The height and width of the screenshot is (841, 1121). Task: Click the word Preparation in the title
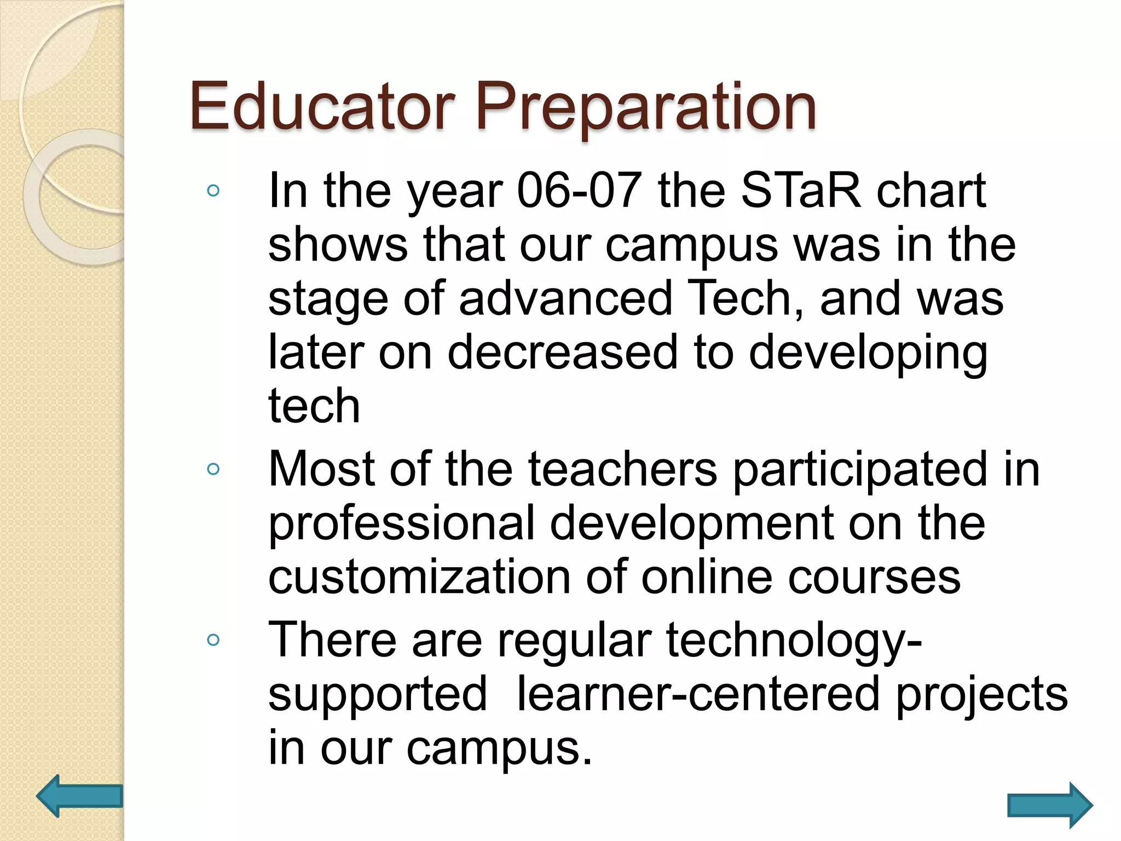pyautogui.click(x=646, y=108)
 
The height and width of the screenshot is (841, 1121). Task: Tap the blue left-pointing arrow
pyautogui.click(x=79, y=796)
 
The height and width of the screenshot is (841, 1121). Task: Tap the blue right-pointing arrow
pyautogui.click(x=1050, y=805)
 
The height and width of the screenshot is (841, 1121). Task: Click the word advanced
pyautogui.click(x=565, y=298)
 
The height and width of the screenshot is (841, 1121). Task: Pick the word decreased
pyautogui.click(x=563, y=352)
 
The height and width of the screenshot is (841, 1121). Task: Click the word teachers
pyautogui.click(x=622, y=469)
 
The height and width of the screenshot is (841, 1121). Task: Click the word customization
pyautogui.click(x=419, y=577)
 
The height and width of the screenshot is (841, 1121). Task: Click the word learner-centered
pyautogui.click(x=698, y=694)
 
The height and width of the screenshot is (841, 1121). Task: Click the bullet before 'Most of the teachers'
pyautogui.click(x=213, y=469)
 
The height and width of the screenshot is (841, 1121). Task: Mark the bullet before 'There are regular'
pyautogui.click(x=213, y=640)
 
